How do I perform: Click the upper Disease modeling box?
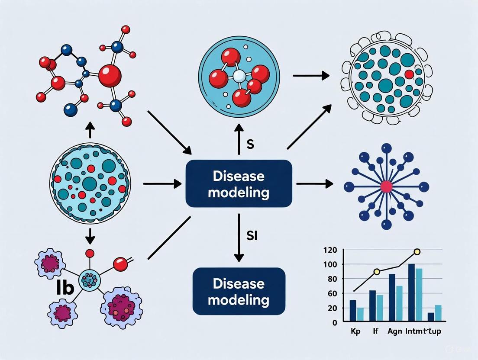[x=239, y=183]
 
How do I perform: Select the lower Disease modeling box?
[x=239, y=291]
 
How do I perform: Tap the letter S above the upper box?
[x=250, y=145]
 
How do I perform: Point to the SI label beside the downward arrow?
[x=252, y=236]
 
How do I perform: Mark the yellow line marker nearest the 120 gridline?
[x=417, y=252]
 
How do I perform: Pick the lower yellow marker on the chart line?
[x=377, y=272]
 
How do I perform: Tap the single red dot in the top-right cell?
[x=409, y=74]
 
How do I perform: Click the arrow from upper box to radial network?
[x=314, y=184]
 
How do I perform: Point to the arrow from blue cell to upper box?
[x=162, y=184]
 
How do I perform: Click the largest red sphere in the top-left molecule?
[x=110, y=76]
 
